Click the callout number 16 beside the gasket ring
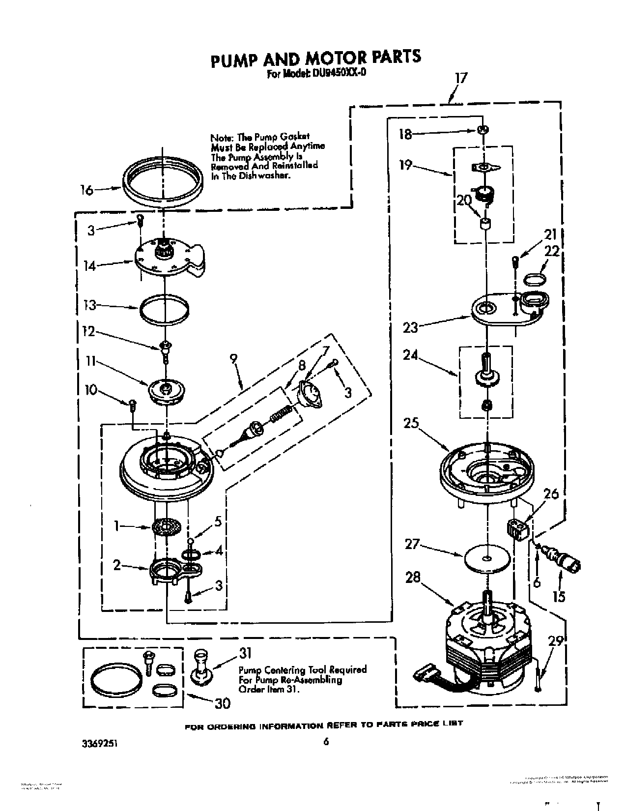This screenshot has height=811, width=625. pyautogui.click(x=86, y=190)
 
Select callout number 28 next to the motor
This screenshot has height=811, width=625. pyautogui.click(x=413, y=578)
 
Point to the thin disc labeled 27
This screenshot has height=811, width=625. pyautogui.click(x=485, y=558)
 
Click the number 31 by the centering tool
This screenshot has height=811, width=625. pyautogui.click(x=245, y=653)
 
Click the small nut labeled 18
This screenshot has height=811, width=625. pyautogui.click(x=483, y=130)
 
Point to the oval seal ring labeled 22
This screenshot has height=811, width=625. pyautogui.click(x=534, y=280)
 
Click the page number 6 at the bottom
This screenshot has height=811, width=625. pyautogui.click(x=325, y=742)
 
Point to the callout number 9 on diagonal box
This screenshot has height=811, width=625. pyautogui.click(x=234, y=359)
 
